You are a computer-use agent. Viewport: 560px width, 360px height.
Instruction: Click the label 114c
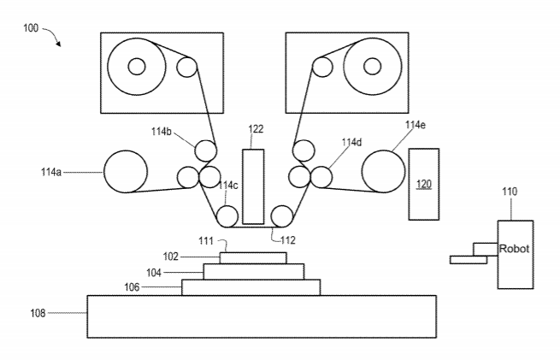[x=227, y=186]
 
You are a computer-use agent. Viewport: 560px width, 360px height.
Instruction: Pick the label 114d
[x=351, y=143]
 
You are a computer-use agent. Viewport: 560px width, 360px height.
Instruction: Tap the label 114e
[x=416, y=125]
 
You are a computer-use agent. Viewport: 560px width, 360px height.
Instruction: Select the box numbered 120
[x=424, y=184]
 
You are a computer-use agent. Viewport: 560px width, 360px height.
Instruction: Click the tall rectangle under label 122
[x=253, y=186]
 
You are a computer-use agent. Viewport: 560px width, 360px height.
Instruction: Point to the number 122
[x=256, y=129]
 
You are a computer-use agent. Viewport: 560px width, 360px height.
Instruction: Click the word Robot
[x=513, y=249]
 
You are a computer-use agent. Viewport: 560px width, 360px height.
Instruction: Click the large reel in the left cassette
[x=137, y=66]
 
